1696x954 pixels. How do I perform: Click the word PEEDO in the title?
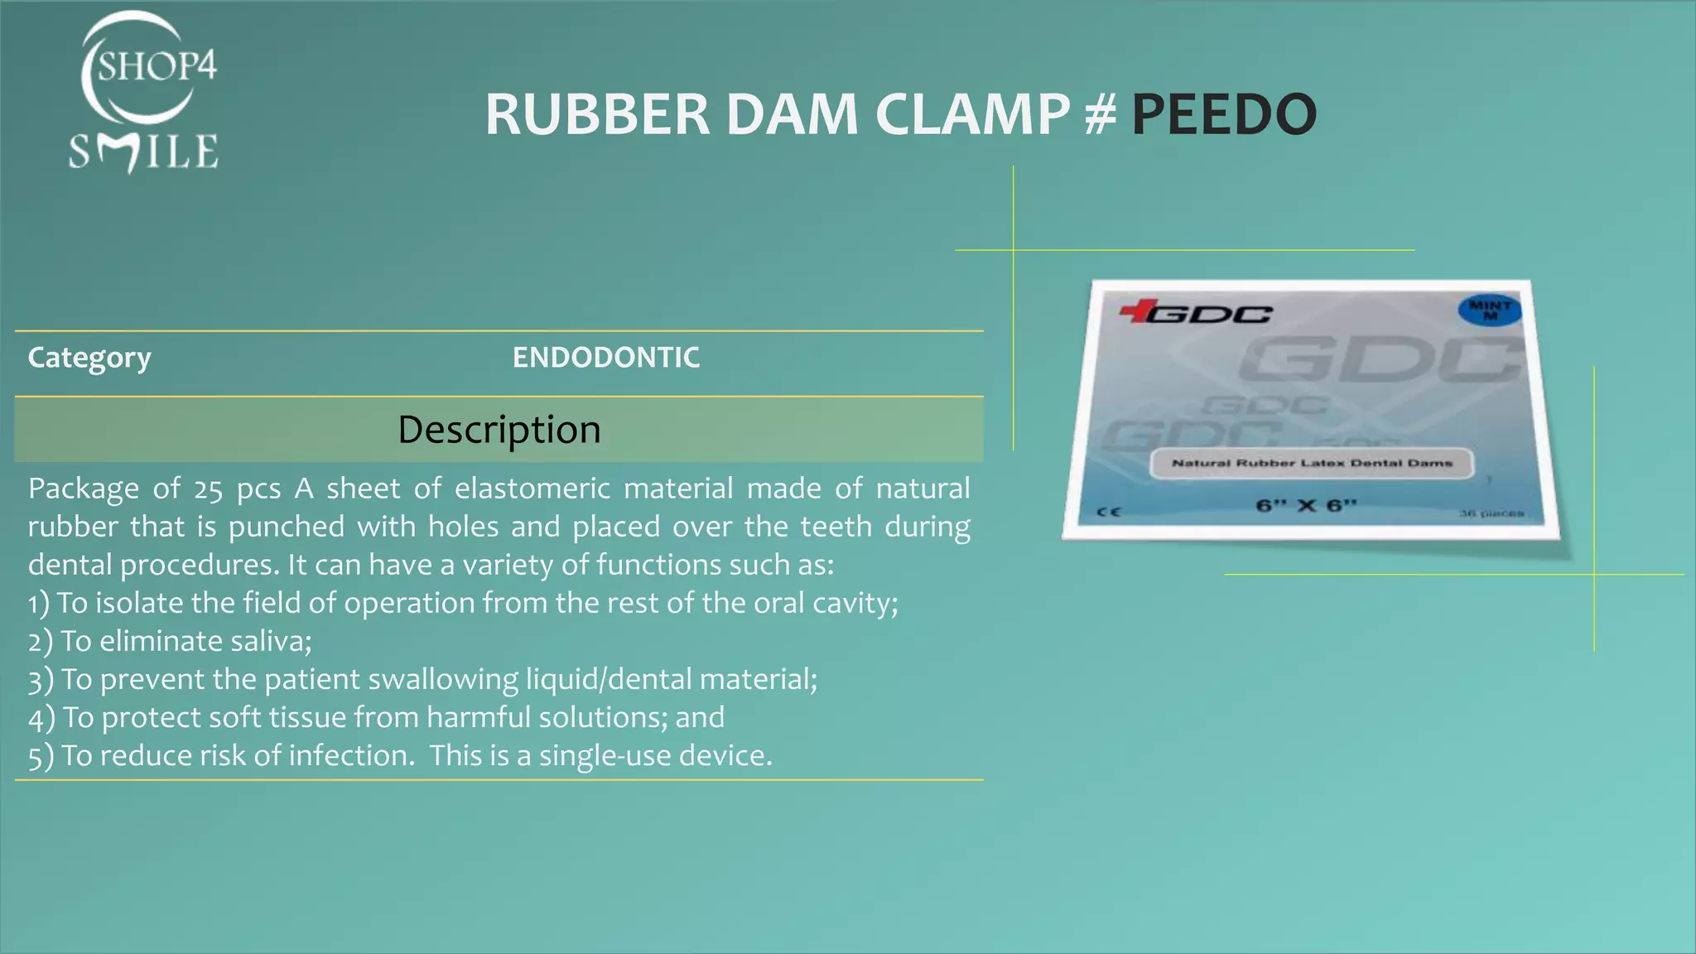[x=1223, y=114]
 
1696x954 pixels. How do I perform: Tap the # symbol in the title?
[x=1101, y=114]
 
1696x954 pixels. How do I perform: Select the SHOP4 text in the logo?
[x=157, y=65]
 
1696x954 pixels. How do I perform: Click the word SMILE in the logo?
[x=143, y=152]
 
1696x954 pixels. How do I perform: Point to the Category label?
[x=89, y=358]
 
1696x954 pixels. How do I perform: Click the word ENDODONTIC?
[x=605, y=358]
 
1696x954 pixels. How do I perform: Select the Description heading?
[x=499, y=429]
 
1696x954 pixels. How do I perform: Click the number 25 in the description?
[x=209, y=489]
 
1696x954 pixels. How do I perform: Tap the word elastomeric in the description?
[x=532, y=489]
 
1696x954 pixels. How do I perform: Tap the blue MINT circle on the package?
[x=1490, y=309]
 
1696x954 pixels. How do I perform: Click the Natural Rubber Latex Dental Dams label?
[x=1312, y=463]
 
